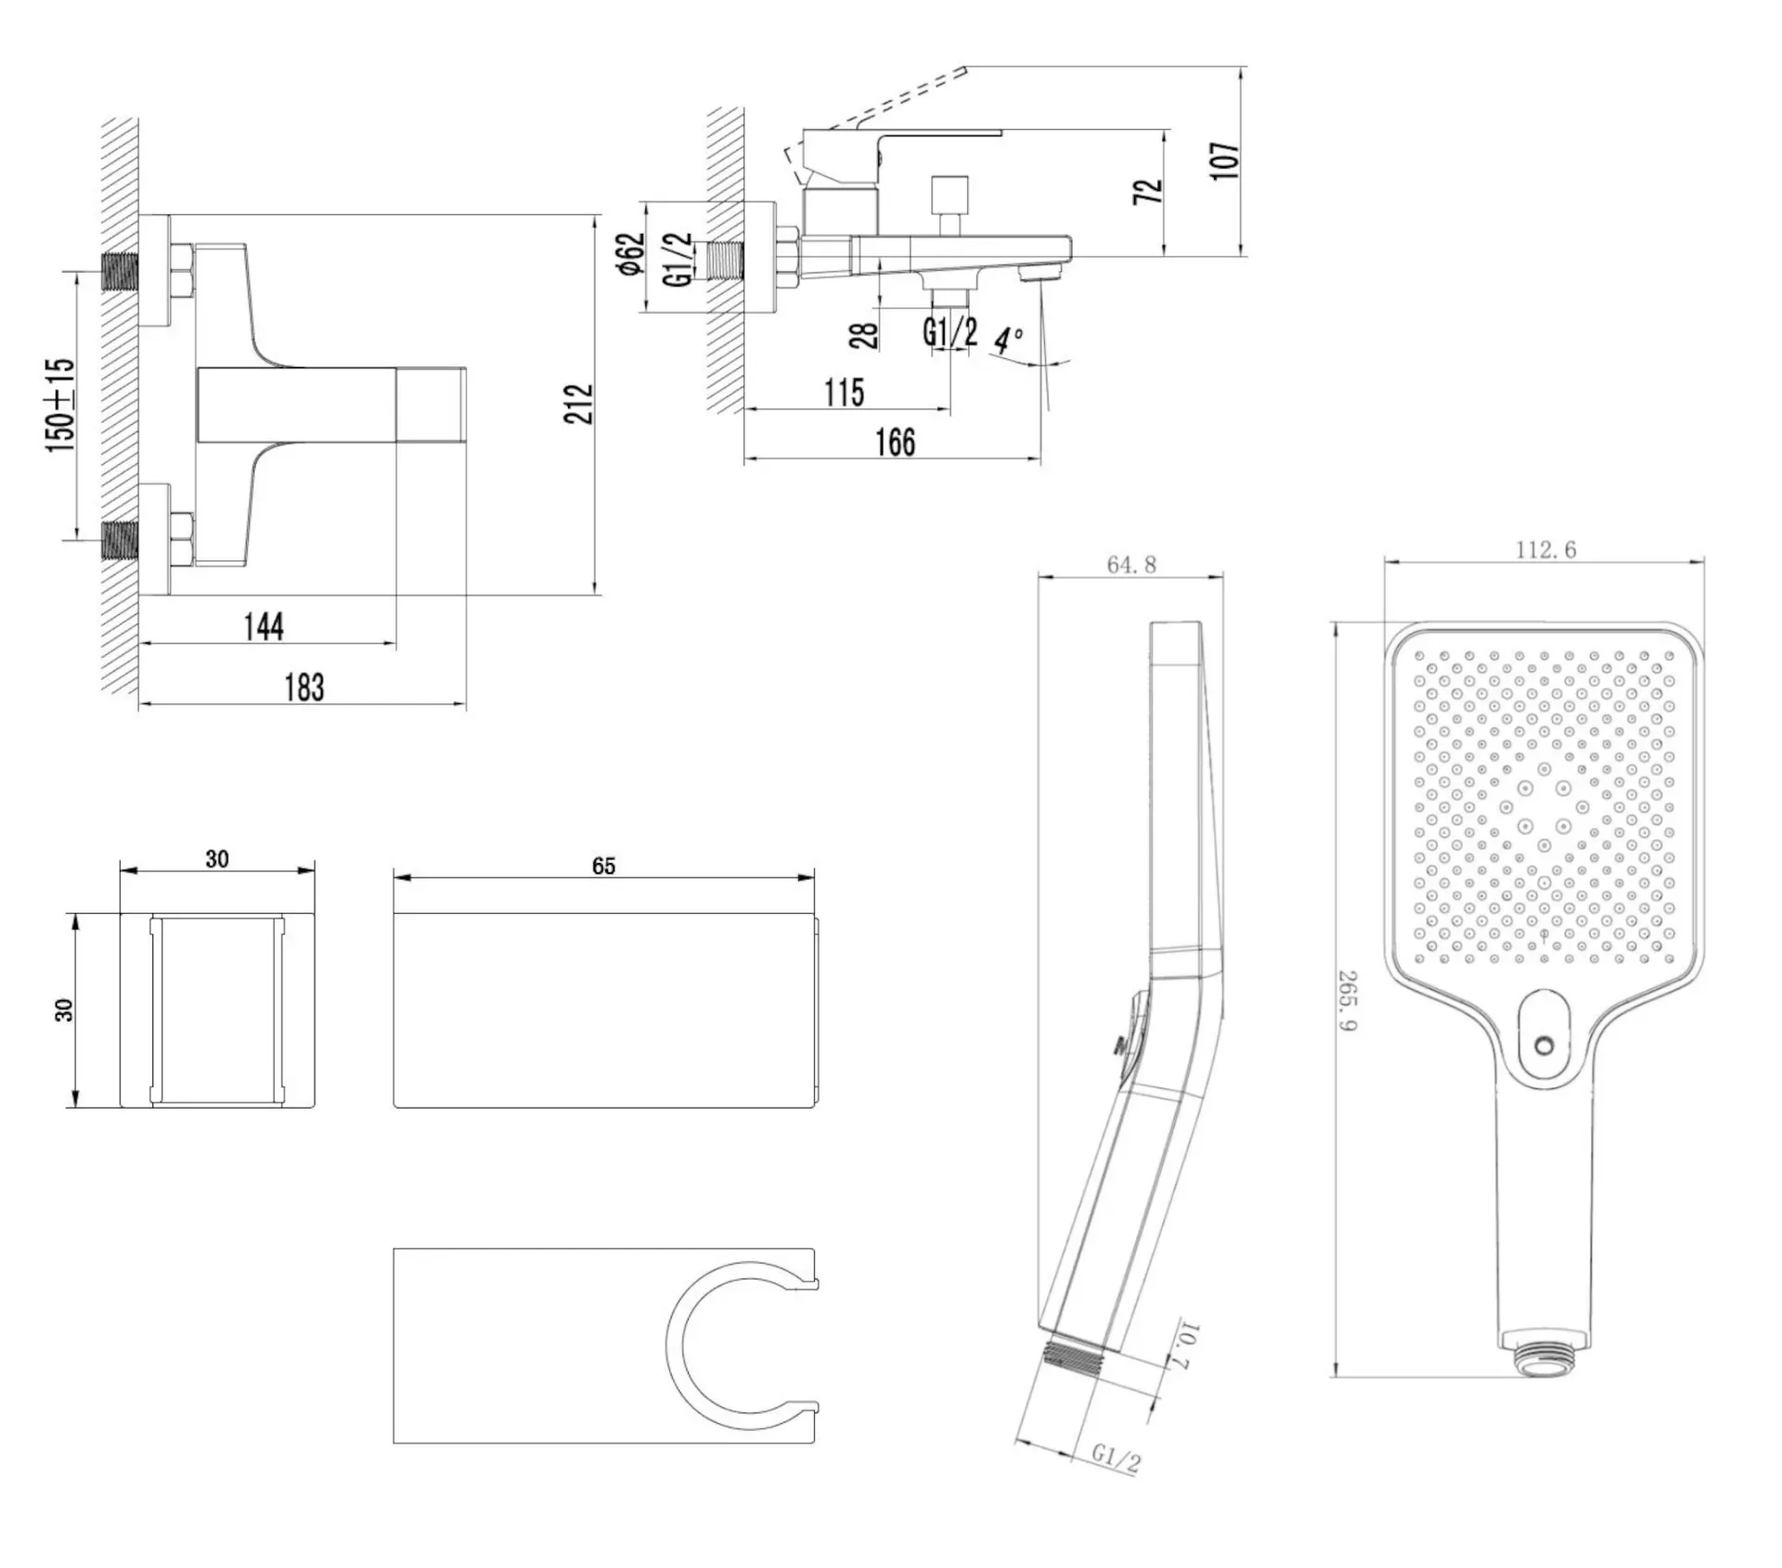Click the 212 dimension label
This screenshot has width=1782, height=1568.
pos(578,404)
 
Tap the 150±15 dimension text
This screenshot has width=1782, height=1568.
pos(60,405)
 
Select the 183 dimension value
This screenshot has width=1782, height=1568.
pos(304,688)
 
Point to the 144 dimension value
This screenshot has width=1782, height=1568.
pos(264,626)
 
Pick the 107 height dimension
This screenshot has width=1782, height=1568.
pos(1225,161)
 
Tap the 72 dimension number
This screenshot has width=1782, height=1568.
pos(1148,191)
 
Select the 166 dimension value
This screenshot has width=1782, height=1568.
pos(896,443)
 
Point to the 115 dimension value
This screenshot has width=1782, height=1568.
pos(844,392)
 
